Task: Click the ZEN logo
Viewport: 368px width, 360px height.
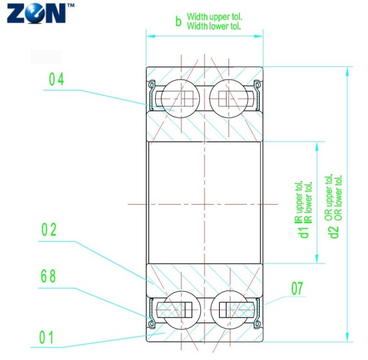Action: (36, 13)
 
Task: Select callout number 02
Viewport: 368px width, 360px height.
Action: (49, 230)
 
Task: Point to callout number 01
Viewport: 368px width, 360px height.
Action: (47, 338)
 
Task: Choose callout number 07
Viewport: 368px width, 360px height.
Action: (297, 289)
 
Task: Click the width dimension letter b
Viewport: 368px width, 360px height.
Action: (178, 23)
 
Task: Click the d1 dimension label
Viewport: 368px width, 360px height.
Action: (304, 232)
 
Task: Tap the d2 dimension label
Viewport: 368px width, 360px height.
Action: (334, 232)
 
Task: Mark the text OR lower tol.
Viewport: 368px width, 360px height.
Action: (339, 198)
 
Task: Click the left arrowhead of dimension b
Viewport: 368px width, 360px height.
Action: (150, 36)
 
